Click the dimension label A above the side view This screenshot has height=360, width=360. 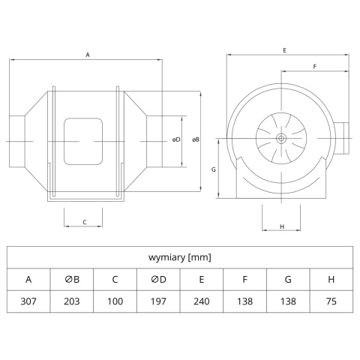coord(88,55)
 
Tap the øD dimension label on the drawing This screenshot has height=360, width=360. coord(176,139)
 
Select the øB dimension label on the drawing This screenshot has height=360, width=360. coord(196,139)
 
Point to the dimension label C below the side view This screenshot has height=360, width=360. coord(85,222)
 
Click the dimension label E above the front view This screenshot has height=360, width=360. coord(284,50)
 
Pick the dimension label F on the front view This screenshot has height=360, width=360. coord(315,67)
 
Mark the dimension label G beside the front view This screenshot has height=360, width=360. coord(214,169)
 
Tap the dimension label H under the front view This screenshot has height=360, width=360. coord(282,226)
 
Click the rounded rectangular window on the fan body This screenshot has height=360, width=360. coord(83,142)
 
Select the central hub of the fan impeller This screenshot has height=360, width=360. coord(281,138)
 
